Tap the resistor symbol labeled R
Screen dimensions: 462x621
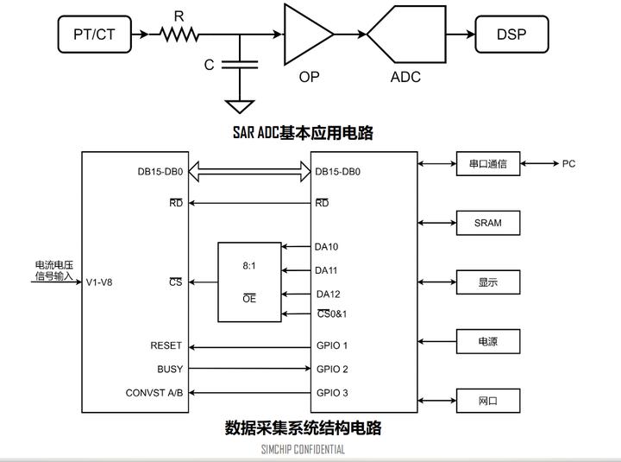pos(179,35)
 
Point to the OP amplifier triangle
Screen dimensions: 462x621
pos(307,34)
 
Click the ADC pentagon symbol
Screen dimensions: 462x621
pos(405,35)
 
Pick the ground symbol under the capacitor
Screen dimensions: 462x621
pos(240,106)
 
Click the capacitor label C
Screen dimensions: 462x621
pos(209,65)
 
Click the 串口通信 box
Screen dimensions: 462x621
pos(488,163)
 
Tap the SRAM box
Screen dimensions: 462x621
pos(488,223)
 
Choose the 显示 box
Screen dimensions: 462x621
pos(488,282)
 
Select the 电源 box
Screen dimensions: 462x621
pos(488,341)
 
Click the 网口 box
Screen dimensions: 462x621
pos(488,401)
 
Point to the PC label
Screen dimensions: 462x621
pos(569,163)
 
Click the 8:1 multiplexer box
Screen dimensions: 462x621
pos(249,282)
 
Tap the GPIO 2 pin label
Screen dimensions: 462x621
pos(332,370)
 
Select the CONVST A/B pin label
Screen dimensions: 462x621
pos(154,393)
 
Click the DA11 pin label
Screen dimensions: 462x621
pos(327,270)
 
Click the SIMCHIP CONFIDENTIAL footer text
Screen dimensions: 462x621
pos(303,449)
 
